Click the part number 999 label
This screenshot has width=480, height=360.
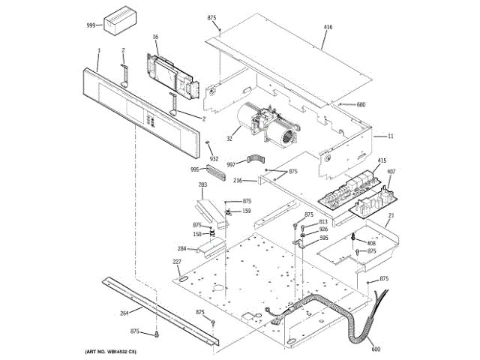(x=91, y=25)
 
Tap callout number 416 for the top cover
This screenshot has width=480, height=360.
(x=328, y=27)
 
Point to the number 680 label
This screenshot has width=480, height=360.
(x=361, y=104)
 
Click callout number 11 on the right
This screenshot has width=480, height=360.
(x=390, y=136)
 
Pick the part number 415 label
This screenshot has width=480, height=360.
(x=381, y=160)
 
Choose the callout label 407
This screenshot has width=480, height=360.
(x=391, y=172)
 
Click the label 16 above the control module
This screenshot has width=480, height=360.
(x=155, y=37)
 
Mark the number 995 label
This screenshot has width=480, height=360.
(x=195, y=169)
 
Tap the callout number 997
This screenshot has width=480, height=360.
(x=231, y=163)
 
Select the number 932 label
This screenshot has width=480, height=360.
(x=214, y=158)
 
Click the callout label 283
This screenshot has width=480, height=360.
(x=202, y=184)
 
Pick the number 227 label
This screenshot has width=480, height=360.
(x=177, y=261)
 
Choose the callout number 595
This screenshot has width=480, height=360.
(x=324, y=238)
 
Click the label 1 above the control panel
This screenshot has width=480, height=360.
(x=98, y=51)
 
